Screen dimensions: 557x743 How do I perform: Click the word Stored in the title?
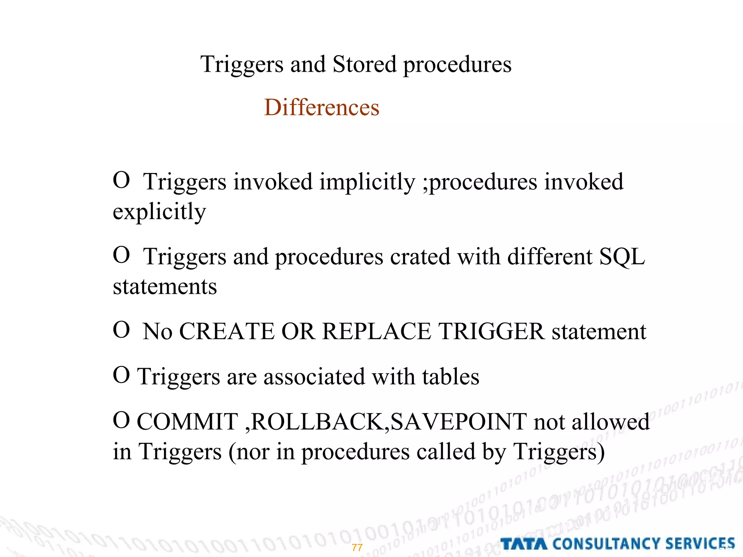[364, 64]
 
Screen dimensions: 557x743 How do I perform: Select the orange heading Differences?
[321, 107]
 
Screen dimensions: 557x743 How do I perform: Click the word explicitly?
[159, 212]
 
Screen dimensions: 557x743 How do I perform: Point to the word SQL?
[622, 257]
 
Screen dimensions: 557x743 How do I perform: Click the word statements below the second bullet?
[165, 286]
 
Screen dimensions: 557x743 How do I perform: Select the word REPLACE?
[377, 331]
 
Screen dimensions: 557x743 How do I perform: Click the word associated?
[314, 376]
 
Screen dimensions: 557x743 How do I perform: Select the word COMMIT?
[187, 422]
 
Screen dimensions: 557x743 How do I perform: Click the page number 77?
[357, 548]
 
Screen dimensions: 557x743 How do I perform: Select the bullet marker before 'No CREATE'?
[121, 330]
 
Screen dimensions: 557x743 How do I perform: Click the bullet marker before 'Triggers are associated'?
[121, 375]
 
